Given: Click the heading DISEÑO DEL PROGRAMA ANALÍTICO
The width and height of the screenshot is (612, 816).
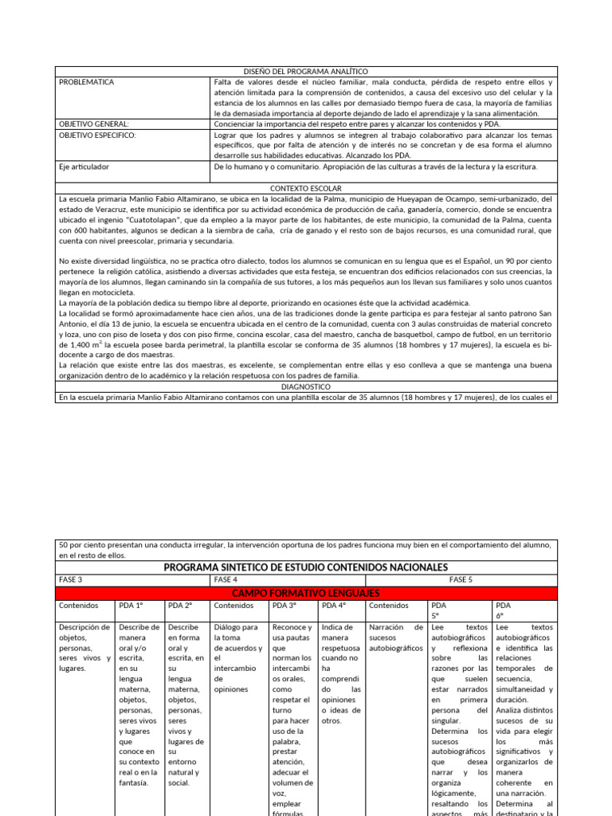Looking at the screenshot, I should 306,71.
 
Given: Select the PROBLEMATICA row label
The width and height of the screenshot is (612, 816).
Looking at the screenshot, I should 87,82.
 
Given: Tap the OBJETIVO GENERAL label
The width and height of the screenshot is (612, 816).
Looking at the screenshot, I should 94,124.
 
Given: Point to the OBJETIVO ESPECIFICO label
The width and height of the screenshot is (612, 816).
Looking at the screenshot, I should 97,135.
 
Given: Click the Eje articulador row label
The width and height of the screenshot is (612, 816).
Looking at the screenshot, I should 84,167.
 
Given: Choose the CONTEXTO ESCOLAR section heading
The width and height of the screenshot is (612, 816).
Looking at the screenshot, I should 306,188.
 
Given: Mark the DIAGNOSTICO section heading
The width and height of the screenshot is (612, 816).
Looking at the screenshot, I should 306,386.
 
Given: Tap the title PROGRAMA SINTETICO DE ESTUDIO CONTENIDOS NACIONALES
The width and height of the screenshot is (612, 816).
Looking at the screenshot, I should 306,567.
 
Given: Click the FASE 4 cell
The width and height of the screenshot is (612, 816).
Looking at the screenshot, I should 226,580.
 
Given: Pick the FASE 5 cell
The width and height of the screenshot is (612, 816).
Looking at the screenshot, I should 461,580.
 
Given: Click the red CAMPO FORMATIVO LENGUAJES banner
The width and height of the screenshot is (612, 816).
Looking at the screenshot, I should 306,593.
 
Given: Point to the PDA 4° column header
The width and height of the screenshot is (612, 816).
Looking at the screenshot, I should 333,606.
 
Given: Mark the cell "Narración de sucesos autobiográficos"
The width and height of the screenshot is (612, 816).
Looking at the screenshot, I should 395,637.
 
